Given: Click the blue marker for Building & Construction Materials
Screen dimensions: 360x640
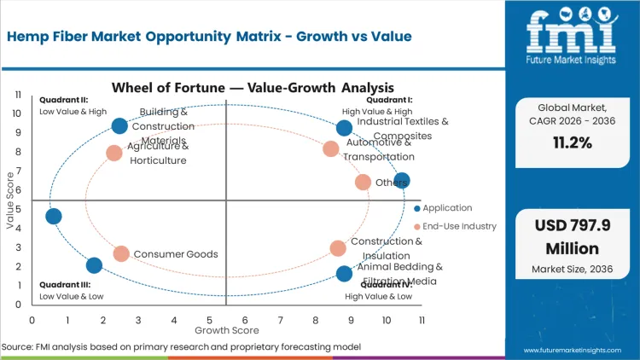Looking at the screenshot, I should (x=119, y=126).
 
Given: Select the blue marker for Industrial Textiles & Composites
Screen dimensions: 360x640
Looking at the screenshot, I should (x=344, y=128).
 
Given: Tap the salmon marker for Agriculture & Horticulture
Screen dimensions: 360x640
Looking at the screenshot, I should (x=114, y=154).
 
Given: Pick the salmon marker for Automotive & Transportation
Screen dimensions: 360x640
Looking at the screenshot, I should (x=331, y=149).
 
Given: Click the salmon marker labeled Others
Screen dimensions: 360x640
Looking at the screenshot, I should (x=363, y=182).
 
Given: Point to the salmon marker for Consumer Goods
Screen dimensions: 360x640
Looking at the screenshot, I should (x=121, y=253).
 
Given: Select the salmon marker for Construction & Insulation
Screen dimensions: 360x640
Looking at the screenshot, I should (x=338, y=248).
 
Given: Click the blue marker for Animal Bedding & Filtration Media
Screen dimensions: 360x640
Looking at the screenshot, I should (x=344, y=274).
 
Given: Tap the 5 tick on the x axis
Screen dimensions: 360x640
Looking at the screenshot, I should (x=209, y=320).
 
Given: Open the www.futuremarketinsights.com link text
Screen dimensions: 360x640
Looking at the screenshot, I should (x=576, y=349).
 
